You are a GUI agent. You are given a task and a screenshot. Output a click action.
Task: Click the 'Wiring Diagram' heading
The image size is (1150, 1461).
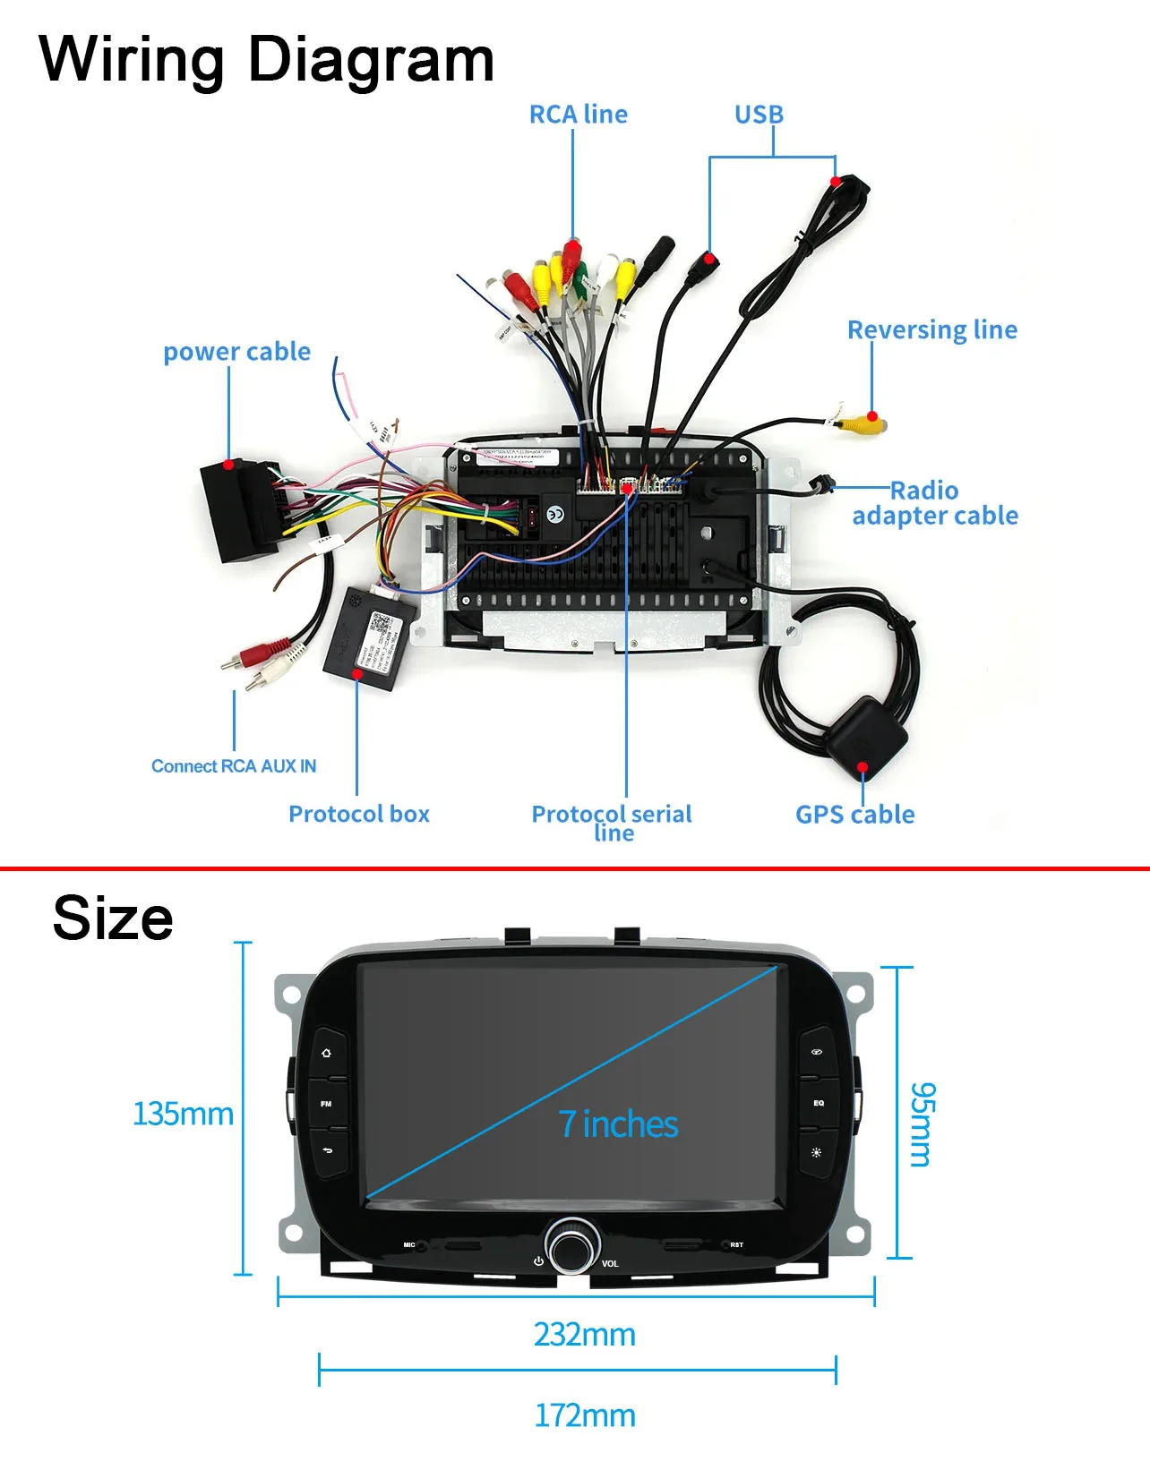[x=266, y=60]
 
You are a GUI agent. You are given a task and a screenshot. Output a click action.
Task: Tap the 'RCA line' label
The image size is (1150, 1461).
[x=578, y=115]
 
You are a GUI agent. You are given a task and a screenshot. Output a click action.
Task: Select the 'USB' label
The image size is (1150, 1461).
[x=759, y=115]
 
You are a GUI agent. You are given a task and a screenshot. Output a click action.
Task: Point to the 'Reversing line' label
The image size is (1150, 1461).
[x=931, y=330]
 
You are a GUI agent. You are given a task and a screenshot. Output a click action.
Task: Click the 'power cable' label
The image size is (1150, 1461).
[x=236, y=352]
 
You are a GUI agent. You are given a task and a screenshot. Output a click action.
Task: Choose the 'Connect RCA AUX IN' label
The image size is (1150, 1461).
[x=233, y=766]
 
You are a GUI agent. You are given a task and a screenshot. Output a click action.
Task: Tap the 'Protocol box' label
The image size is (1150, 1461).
[x=358, y=814]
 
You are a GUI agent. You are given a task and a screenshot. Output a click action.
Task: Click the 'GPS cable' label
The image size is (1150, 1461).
[x=854, y=815]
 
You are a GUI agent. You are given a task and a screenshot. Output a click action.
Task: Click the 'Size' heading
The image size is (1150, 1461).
[x=113, y=918]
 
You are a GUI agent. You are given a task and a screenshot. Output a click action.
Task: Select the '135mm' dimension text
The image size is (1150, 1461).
[x=183, y=1115]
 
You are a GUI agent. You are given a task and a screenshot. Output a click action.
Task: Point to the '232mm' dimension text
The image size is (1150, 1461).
[x=584, y=1335]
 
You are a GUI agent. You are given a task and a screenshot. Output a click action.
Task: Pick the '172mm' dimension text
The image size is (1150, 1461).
[x=584, y=1416]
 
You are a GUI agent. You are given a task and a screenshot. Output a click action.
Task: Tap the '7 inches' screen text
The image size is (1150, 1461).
[x=618, y=1124]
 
